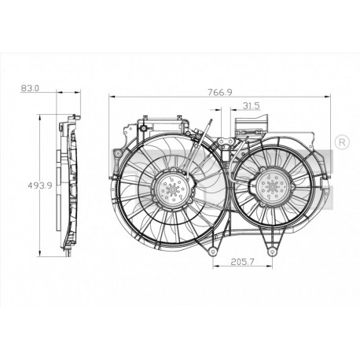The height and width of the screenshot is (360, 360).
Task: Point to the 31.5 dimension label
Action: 251,105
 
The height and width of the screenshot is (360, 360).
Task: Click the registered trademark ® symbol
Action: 342,142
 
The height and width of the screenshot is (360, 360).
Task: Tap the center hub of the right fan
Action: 271,187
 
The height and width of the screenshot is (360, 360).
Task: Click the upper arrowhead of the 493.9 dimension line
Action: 42,118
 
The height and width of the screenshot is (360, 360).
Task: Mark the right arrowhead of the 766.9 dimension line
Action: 328,97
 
